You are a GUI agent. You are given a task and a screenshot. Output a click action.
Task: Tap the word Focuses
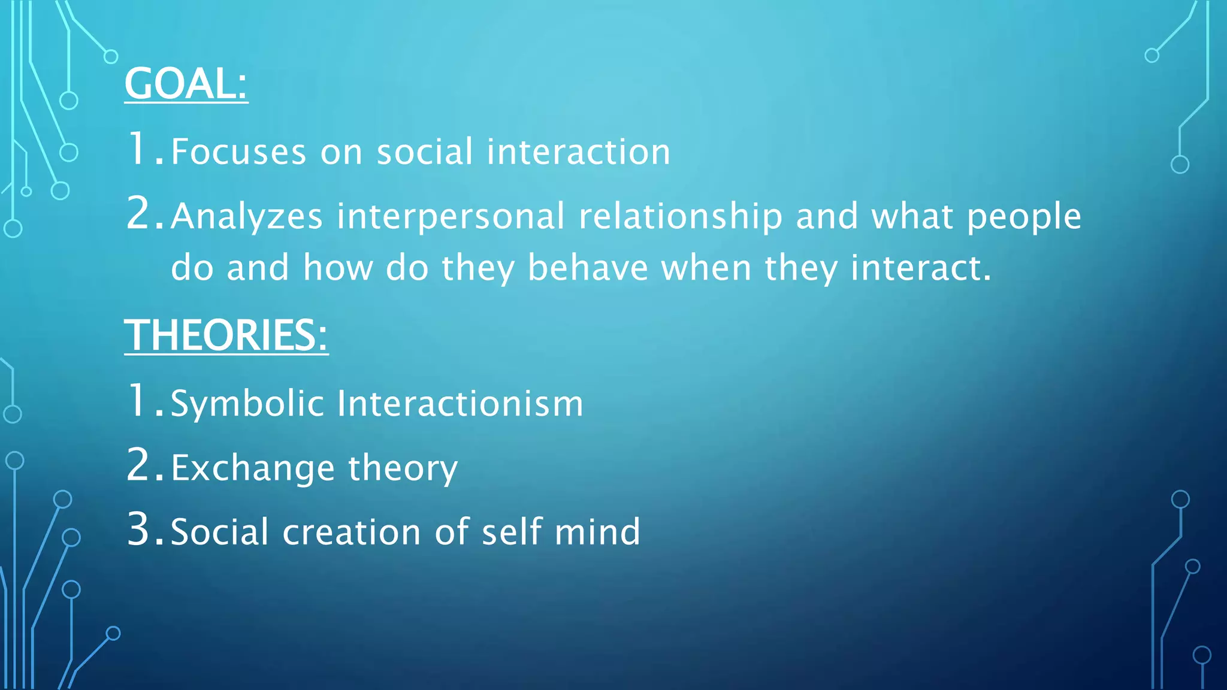[x=238, y=152]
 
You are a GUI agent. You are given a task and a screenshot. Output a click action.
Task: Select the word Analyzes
[x=247, y=217]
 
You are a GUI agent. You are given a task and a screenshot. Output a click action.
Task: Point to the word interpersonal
[x=451, y=217]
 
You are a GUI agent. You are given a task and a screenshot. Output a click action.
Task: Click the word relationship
[x=680, y=217]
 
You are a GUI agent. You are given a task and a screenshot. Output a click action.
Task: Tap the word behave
[x=587, y=268]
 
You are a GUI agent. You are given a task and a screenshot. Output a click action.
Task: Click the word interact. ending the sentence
[x=921, y=268]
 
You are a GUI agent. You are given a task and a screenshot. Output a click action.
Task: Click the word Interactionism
[x=460, y=403]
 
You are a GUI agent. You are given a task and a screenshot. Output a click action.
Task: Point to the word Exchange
[x=252, y=468]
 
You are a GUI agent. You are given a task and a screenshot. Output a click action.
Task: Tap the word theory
[x=403, y=468]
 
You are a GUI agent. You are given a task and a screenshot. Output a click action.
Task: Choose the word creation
[x=352, y=532]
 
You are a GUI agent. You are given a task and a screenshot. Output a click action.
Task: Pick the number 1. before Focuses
[x=144, y=149]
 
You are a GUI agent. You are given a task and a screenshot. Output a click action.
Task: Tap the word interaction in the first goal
[x=578, y=152]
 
